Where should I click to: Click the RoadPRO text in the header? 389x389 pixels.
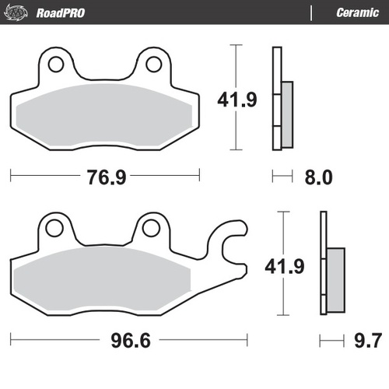pyautogui.click(x=60, y=12)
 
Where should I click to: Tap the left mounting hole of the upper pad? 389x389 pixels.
pyautogui.click(x=56, y=63)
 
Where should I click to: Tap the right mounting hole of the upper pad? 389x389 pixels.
pyautogui.click(x=153, y=63)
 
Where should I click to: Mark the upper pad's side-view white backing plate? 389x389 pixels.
pyautogui.click(x=275, y=98)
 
